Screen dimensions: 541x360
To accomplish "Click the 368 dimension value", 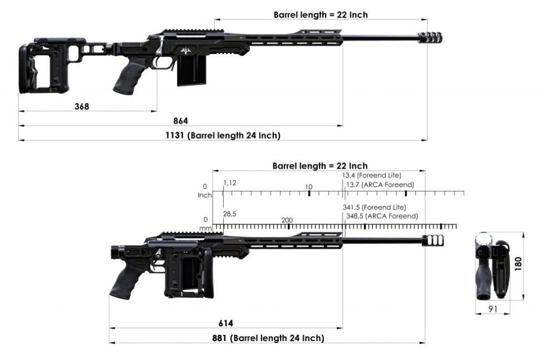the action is click(82, 106).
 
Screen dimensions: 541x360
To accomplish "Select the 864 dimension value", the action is click(180, 121).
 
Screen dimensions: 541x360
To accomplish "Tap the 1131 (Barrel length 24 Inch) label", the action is click(223, 136).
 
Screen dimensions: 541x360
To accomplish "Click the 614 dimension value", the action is click(225, 323).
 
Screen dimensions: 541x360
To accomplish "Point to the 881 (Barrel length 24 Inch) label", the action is click(268, 338).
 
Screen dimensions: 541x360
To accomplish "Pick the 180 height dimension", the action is click(518, 264).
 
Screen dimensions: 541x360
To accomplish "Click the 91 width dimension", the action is click(493, 309).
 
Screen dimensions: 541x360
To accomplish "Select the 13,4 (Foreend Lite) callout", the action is click(372, 175).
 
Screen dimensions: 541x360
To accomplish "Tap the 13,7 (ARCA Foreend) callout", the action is click(380, 185).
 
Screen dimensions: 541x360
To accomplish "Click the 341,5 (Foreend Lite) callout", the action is click(375, 207).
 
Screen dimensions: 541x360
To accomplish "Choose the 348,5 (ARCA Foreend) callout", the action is click(382, 216).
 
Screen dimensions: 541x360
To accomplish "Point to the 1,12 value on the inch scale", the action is click(230, 183).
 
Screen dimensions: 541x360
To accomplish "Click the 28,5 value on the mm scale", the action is click(229, 214).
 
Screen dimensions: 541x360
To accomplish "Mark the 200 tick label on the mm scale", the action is click(287, 220).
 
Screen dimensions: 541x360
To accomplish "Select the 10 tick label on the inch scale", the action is click(309, 186).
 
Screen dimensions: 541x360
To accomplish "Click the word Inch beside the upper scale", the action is click(205, 195).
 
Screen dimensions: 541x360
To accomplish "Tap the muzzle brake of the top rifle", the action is click(430, 38).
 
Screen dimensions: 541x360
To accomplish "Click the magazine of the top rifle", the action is click(191, 70).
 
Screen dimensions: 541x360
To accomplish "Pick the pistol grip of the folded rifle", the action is click(127, 279).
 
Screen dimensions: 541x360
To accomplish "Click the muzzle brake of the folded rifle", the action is click(433, 241).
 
